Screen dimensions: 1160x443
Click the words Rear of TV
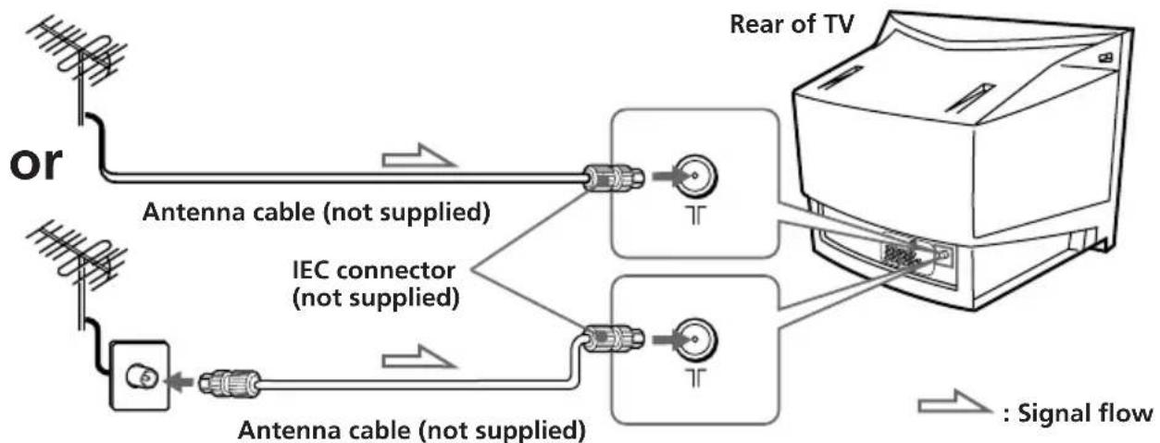(792, 24)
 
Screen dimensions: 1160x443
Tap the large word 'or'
(36, 163)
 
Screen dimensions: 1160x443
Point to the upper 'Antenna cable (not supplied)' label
(317, 213)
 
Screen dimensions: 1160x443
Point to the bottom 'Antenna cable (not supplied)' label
(412, 430)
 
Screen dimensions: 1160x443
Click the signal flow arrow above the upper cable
(418, 156)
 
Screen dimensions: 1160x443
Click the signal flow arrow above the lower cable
(418, 357)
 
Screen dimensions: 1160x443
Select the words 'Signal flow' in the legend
(1085, 413)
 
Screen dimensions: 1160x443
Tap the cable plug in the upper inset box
(614, 178)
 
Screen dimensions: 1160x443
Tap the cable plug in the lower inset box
(614, 339)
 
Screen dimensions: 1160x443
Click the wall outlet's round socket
(142, 377)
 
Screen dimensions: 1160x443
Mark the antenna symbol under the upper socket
(697, 215)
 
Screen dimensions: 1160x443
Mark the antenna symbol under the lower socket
(697, 377)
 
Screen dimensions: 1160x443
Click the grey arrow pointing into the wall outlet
(180, 384)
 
